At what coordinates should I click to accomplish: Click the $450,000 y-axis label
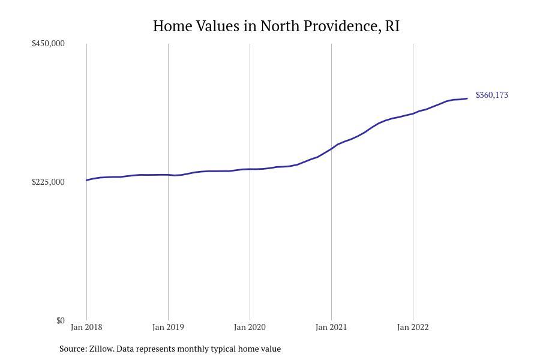[x=48, y=43]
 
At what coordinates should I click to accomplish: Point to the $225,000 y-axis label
[x=48, y=182]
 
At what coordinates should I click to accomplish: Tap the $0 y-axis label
[x=60, y=320]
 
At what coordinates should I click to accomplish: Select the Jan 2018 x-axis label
[x=86, y=327]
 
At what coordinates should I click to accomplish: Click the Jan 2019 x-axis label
[x=168, y=327]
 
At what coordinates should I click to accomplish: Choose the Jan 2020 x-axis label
[x=250, y=327]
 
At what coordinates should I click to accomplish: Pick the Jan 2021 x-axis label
[x=331, y=327]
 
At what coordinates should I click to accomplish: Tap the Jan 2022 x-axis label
[x=413, y=327]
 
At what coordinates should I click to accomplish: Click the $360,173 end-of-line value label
[x=492, y=95]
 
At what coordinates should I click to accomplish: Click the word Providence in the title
[x=341, y=26]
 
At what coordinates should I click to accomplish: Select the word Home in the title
[x=173, y=26]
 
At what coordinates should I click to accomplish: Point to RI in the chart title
[x=392, y=26]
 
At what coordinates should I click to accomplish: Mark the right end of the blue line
[x=467, y=98]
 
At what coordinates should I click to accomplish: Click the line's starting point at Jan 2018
[x=86, y=180]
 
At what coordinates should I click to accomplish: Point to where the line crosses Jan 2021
[x=331, y=148]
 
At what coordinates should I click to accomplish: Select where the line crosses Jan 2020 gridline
[x=250, y=169]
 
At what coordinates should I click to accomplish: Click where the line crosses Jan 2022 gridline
[x=413, y=113]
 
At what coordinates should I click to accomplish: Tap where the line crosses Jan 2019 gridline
[x=168, y=175]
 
